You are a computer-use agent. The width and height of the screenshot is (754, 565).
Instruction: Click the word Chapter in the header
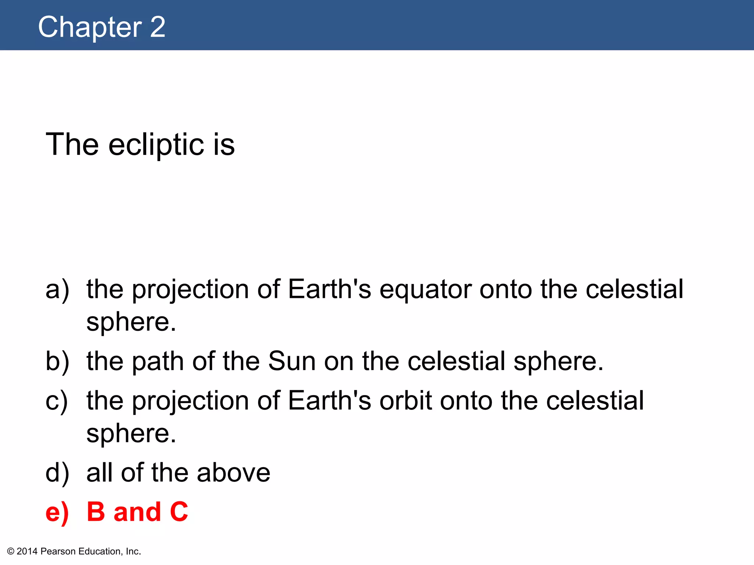pyautogui.click(x=90, y=27)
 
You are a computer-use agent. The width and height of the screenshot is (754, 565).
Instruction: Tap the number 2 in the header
pyautogui.click(x=158, y=27)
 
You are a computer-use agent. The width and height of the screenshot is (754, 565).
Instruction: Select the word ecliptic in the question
pyautogui.click(x=156, y=145)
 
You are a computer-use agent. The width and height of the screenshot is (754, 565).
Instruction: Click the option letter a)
pyautogui.click(x=57, y=289)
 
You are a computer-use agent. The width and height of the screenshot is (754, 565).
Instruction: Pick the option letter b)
pyautogui.click(x=57, y=361)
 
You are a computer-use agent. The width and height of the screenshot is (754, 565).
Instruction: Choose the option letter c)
pyautogui.click(x=57, y=401)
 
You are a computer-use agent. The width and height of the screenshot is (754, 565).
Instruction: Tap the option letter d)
pyautogui.click(x=57, y=473)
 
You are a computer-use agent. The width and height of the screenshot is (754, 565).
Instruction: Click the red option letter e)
pyautogui.click(x=57, y=512)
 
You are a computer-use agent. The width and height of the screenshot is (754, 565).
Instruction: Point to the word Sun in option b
pyautogui.click(x=292, y=361)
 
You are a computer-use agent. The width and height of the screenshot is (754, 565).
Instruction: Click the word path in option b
pyautogui.click(x=158, y=362)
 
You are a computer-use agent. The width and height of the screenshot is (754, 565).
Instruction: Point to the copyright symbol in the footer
pyautogui.click(x=11, y=551)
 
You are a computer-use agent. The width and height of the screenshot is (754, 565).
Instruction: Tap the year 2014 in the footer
pyautogui.click(x=27, y=551)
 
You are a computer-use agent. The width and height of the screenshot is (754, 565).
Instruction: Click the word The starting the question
pyautogui.click(x=72, y=145)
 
